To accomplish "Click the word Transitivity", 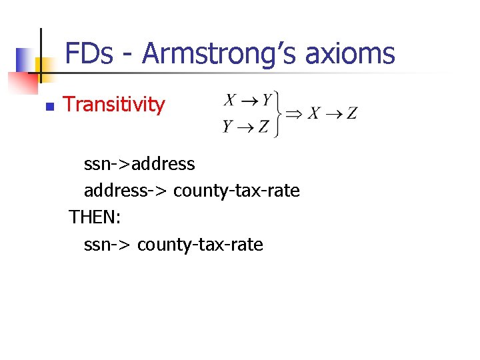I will (x=113, y=105).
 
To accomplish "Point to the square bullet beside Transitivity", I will (x=49, y=106).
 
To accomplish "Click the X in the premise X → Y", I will (x=229, y=101).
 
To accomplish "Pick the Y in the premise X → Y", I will (x=267, y=101).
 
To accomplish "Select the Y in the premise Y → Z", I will (x=229, y=125).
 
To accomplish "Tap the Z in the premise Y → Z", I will (x=264, y=125).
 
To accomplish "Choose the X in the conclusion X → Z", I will (x=313, y=113).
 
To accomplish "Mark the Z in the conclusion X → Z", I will (x=351, y=113).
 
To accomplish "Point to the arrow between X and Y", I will (x=248, y=101).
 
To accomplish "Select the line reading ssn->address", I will (x=139, y=163).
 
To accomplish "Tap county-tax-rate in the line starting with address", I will (x=237, y=191).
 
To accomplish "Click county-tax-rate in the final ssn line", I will (x=200, y=245).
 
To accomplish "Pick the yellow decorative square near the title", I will (x=43, y=65).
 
